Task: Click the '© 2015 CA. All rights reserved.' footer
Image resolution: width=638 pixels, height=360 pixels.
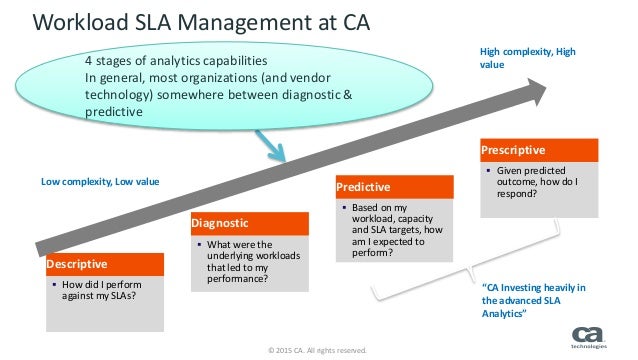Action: (x=318, y=351)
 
